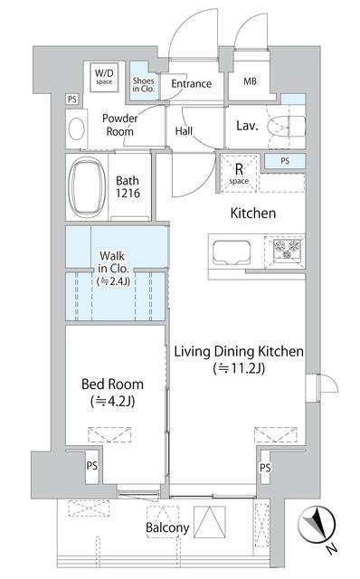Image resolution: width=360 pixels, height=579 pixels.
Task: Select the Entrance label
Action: coord(191,84)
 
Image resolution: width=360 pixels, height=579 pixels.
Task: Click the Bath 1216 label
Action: coord(128,187)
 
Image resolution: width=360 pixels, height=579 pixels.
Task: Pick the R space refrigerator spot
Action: coord(239,173)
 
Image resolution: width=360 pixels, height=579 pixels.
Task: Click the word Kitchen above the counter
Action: coord(252,214)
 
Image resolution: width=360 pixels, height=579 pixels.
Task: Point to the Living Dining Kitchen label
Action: coord(238,359)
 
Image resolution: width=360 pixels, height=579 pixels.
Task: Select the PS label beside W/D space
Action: coord(71,99)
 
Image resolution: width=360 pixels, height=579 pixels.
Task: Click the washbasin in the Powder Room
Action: coord(76,128)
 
